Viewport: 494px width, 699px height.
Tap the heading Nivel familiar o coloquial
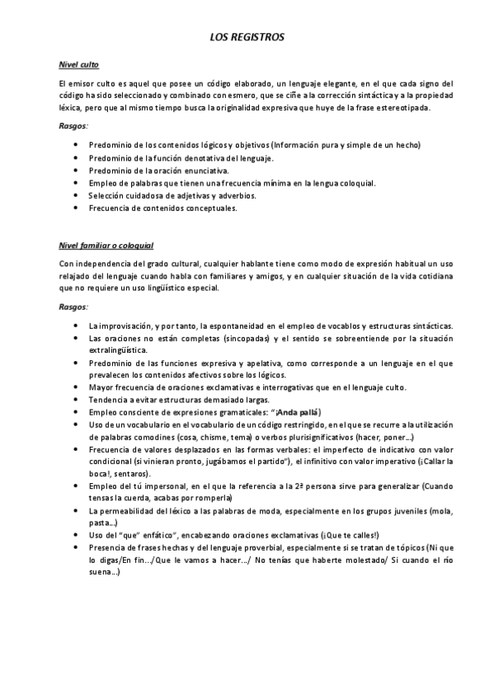pos(106,246)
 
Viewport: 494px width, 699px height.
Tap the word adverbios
pos(235,195)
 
